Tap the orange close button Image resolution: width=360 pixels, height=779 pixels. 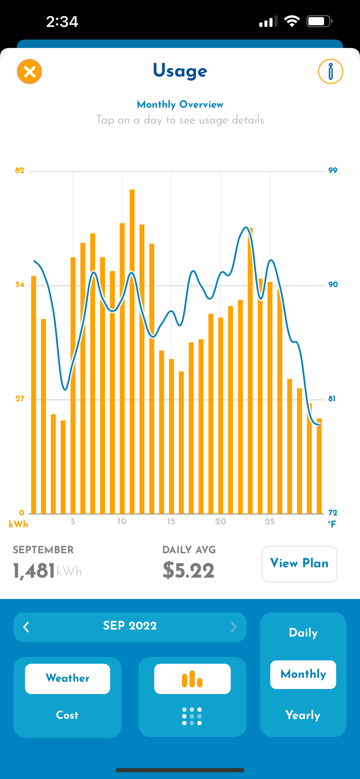click(29, 72)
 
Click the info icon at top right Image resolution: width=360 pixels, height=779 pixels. click(330, 72)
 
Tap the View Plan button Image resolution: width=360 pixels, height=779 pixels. click(299, 564)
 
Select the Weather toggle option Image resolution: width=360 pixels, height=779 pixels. click(67, 678)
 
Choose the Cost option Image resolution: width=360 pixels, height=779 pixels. click(67, 715)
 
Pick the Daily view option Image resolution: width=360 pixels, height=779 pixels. click(303, 633)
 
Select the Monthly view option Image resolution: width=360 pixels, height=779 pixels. click(303, 674)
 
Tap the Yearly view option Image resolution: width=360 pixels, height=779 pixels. click(303, 715)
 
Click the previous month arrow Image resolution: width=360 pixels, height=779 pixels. click(26, 627)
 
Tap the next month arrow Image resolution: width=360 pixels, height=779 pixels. click(233, 627)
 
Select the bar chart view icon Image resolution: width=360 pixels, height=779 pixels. click(192, 679)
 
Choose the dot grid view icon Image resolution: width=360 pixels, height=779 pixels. click(192, 716)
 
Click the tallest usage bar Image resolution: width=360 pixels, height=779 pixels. click(132, 351)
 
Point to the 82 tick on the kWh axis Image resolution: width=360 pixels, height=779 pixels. click(20, 170)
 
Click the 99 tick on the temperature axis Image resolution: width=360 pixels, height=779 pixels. click(333, 170)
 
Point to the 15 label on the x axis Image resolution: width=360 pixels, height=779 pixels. click(171, 521)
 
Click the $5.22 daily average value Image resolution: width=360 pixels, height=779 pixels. click(188, 571)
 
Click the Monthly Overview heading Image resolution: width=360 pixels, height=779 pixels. click(180, 105)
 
